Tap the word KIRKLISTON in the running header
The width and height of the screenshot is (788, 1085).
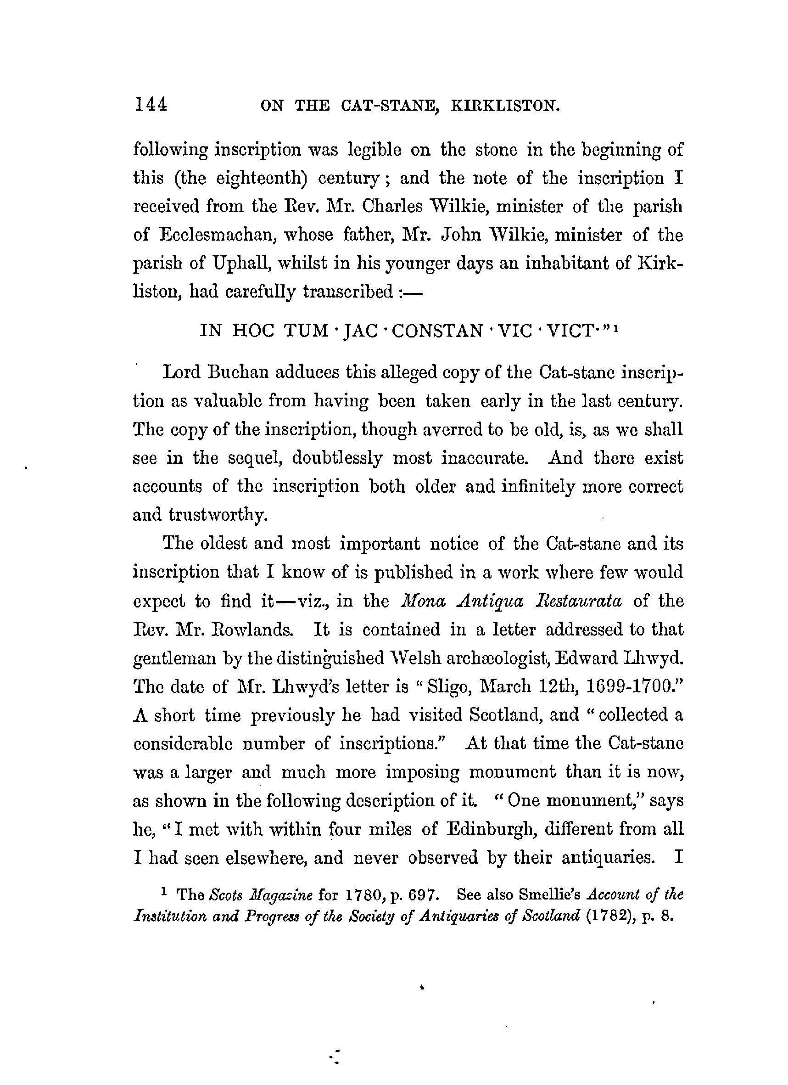click(x=505, y=105)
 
